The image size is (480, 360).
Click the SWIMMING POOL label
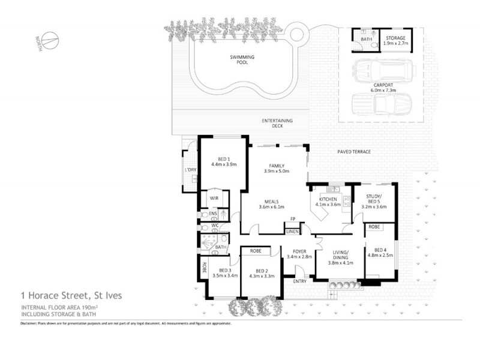tap(242, 59)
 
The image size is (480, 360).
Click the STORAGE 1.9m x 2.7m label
tap(395, 40)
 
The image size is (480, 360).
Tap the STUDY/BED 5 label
tap(373, 200)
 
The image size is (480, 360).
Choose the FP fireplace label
tap(292, 218)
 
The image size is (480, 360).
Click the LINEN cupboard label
tap(292, 231)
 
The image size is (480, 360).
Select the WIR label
tap(213, 198)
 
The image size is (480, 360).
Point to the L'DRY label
tap(191, 170)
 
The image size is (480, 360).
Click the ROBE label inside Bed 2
tap(256, 251)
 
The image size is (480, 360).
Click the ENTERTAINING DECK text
tap(277, 124)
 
